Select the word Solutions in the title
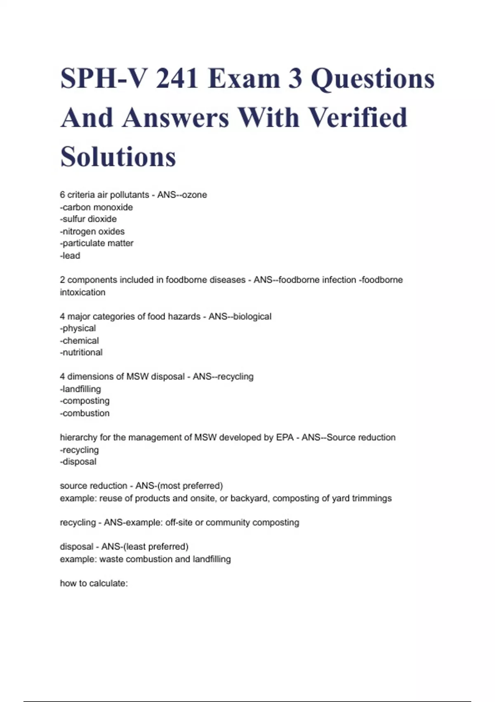[118, 157]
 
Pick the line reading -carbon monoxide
[97, 207]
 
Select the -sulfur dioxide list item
[88, 219]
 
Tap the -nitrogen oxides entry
[92, 231]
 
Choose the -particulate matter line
[97, 243]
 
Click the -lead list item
[70, 256]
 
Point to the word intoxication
[82, 292]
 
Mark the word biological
[252, 317]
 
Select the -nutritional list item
[81, 353]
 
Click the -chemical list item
[80, 341]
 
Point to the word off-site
[179, 522]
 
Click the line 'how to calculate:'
[94, 583]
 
